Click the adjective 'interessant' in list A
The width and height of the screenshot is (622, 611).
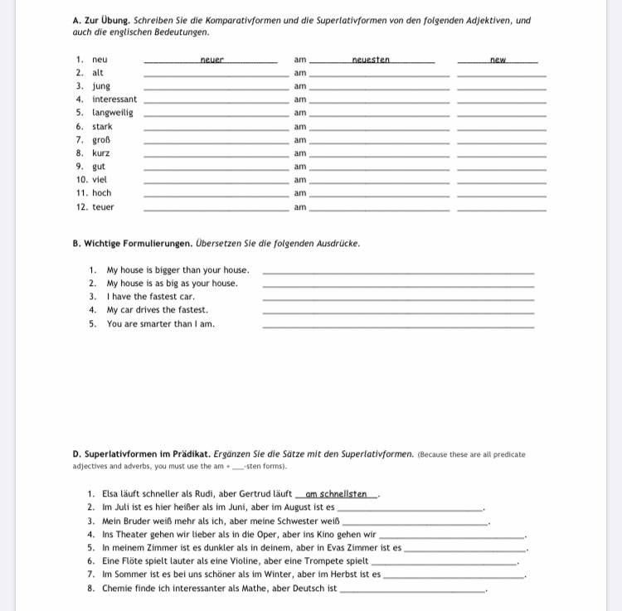(114, 99)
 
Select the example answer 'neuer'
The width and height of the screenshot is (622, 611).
(212, 60)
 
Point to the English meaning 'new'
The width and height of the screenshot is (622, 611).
(498, 60)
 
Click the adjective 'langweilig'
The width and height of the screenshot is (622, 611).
(113, 113)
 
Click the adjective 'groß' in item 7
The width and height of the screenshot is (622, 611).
(101, 140)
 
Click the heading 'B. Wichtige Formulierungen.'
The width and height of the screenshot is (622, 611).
(133, 244)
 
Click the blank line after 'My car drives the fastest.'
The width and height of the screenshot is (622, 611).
(398, 313)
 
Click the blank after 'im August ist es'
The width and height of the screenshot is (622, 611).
(411, 508)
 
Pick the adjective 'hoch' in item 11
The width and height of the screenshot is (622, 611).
(102, 193)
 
